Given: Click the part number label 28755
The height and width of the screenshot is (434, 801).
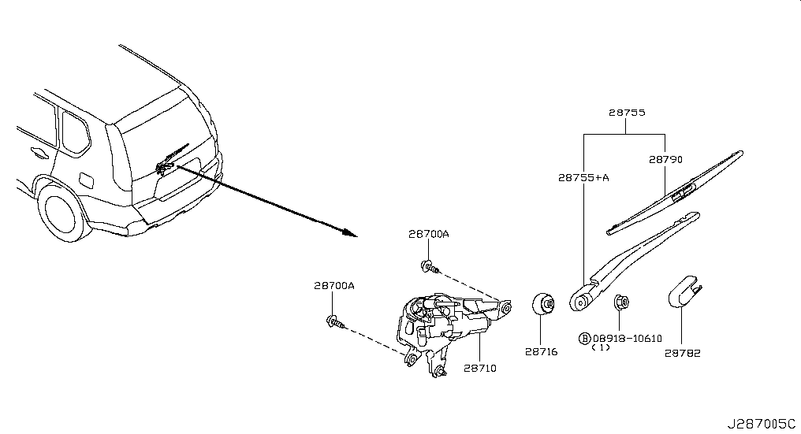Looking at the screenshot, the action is tap(627, 113).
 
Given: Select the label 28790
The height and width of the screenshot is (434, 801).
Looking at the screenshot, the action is tap(665, 160).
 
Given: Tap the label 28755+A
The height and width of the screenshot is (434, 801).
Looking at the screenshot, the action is tap(583, 178).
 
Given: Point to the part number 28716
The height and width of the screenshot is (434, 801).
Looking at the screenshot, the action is tap(542, 352).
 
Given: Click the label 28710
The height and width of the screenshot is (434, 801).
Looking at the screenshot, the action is tap(480, 368).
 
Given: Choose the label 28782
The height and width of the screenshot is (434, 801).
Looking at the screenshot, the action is tap(683, 353).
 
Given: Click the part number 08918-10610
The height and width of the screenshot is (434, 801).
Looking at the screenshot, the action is tap(628, 339).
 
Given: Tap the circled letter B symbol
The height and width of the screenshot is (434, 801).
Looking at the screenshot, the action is tap(584, 339).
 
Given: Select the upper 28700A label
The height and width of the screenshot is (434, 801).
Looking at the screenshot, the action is tap(429, 234).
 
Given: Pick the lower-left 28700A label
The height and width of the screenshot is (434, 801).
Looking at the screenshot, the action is tap(334, 286).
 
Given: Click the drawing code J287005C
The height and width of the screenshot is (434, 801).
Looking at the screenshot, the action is tap(762, 424).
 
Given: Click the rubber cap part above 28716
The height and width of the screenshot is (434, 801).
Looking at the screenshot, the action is tap(543, 305).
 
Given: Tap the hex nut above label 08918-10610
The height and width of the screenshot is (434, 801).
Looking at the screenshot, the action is tap(620, 302).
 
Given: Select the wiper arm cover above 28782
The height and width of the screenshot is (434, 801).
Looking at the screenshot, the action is tap(684, 292).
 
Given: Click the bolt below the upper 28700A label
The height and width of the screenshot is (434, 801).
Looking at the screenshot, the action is tap(430, 266).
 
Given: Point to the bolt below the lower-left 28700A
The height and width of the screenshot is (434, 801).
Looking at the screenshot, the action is tap(335, 321).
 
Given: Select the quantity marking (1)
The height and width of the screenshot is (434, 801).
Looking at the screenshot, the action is tap(601, 347).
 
